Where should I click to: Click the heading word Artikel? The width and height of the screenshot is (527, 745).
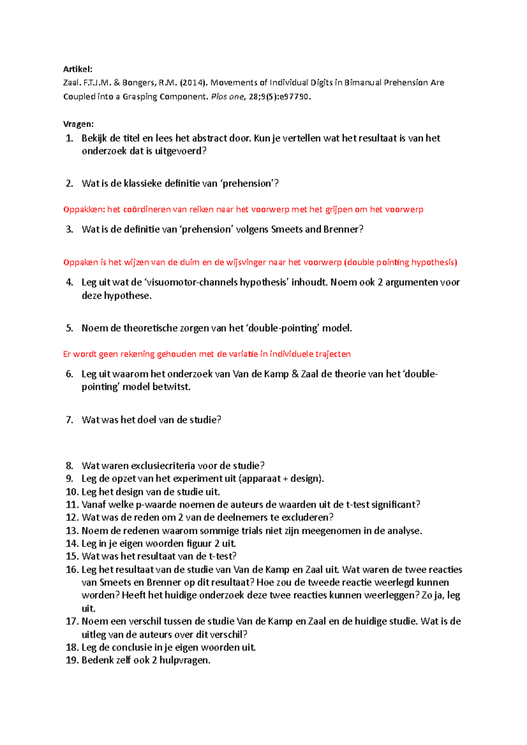(x=78, y=69)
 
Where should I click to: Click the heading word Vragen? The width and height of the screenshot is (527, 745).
(x=78, y=124)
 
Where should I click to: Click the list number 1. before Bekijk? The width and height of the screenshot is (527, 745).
(x=69, y=138)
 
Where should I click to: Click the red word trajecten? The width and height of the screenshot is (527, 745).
(x=333, y=354)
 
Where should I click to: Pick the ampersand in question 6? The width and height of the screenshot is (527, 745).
(x=295, y=374)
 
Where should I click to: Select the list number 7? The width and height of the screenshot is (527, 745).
(x=69, y=420)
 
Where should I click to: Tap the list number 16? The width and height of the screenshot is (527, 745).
(x=72, y=569)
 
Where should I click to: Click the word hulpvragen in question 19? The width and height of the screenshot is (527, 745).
(x=184, y=660)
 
